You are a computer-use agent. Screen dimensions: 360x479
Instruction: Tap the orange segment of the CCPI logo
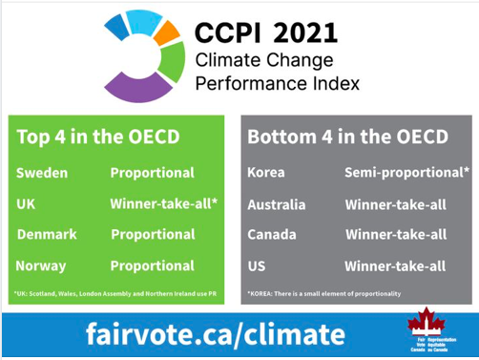click(167, 35)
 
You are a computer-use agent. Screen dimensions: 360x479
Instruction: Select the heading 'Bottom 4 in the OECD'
click(347, 137)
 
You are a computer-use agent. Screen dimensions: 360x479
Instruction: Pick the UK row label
click(27, 203)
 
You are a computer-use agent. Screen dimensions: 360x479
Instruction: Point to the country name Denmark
click(47, 234)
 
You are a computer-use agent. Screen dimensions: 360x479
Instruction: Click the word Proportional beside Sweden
click(152, 173)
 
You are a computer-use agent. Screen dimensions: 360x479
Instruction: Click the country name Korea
click(266, 173)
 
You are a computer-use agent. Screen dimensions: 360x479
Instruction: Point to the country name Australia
click(276, 204)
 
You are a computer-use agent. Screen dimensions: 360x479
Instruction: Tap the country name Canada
click(271, 234)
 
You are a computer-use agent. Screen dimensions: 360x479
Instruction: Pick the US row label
click(258, 265)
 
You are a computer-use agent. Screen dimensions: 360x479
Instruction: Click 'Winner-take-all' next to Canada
click(395, 234)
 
